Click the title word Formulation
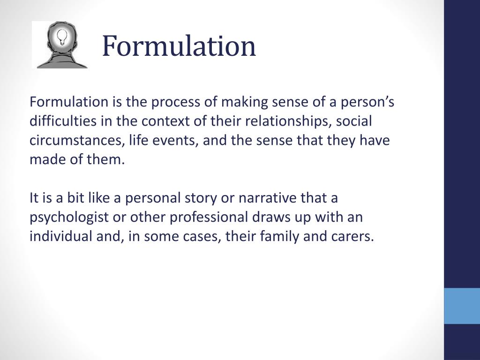179,46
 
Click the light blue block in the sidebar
462,306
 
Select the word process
180,103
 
